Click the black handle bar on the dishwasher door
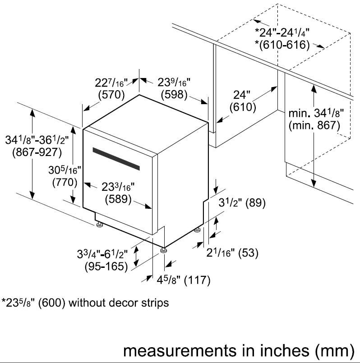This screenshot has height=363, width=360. (116, 159)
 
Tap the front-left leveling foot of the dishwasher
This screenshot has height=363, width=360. (100, 225)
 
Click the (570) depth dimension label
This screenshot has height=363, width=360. (111, 95)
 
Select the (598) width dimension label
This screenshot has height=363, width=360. (174, 94)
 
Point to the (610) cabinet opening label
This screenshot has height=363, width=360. (243, 107)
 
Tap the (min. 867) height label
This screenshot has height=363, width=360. (314, 125)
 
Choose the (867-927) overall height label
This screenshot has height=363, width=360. (37, 152)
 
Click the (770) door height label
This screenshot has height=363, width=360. (65, 182)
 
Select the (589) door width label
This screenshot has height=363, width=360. (118, 199)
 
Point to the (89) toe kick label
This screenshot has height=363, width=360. (255, 203)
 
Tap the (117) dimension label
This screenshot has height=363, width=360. (197, 280)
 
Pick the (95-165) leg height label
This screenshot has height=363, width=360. (106, 267)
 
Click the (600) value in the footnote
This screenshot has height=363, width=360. (52, 303)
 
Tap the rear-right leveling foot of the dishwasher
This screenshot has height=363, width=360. (197, 230)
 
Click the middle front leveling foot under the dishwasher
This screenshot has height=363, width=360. (164, 250)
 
